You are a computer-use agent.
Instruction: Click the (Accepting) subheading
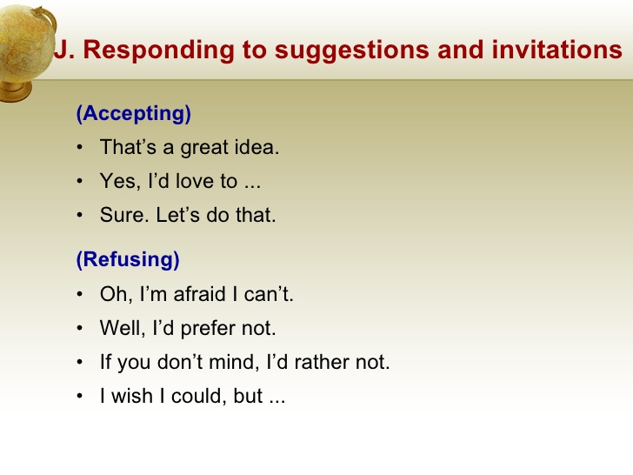(x=133, y=114)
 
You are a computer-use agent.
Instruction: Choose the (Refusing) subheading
(x=128, y=259)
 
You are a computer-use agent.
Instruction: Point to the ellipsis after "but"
(x=277, y=399)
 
